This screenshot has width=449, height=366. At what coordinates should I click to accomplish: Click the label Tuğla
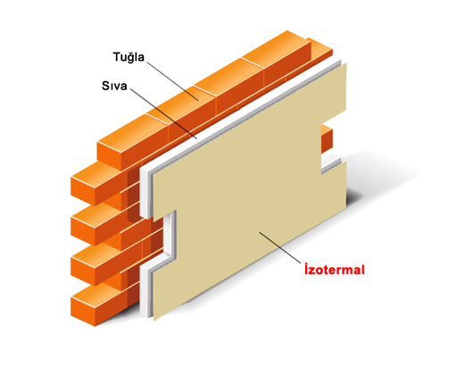[129, 57]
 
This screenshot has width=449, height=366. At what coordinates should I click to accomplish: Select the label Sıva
[114, 86]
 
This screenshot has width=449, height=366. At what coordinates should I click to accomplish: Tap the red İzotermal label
[335, 270]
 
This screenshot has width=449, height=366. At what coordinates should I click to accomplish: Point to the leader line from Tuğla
[172, 81]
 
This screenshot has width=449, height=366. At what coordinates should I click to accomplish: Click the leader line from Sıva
[163, 113]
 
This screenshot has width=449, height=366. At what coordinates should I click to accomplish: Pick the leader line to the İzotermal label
[280, 247]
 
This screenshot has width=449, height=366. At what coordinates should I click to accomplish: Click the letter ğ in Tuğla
[130, 58]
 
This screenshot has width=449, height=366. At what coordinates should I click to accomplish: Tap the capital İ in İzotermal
[306, 269]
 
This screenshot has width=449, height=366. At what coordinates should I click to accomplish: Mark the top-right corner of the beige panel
[346, 63]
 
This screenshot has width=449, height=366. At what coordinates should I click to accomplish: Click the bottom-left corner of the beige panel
[154, 320]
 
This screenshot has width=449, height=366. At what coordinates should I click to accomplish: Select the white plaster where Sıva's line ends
[196, 139]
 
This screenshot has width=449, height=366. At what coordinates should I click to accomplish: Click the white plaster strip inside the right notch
[331, 163]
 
